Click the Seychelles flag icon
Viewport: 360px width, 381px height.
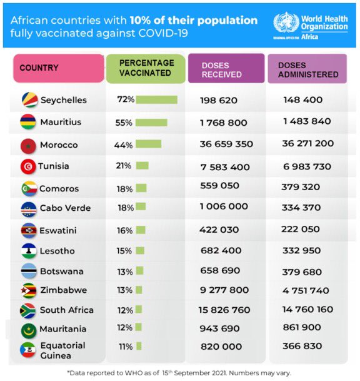[x=29, y=100]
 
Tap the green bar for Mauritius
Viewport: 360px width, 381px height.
[x=151, y=123]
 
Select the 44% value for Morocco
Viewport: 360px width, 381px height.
[x=123, y=145]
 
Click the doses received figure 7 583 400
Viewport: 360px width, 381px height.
[x=225, y=167]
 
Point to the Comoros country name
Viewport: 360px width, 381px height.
[x=59, y=188]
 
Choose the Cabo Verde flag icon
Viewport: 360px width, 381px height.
[x=29, y=209]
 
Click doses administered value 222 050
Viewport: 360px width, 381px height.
[x=300, y=229]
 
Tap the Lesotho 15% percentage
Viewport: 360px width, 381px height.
[x=124, y=251]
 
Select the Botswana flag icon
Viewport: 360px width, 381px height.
[x=29, y=271]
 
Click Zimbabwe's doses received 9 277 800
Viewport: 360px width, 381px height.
[x=224, y=290]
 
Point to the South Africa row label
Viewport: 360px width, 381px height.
[x=66, y=310]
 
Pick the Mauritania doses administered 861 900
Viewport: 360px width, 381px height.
[x=302, y=327]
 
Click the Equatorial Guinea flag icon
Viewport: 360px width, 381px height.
[x=27, y=350]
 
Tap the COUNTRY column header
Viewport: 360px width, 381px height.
[x=59, y=68]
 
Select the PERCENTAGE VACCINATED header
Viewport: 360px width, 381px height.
[x=146, y=69]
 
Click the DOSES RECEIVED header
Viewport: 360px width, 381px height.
[x=226, y=68]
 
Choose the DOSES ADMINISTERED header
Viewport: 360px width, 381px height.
[x=307, y=69]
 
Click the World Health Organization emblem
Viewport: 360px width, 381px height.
[x=286, y=23]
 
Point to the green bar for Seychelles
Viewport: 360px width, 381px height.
[x=157, y=100]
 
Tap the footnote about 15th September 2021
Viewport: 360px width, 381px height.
[x=179, y=373]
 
